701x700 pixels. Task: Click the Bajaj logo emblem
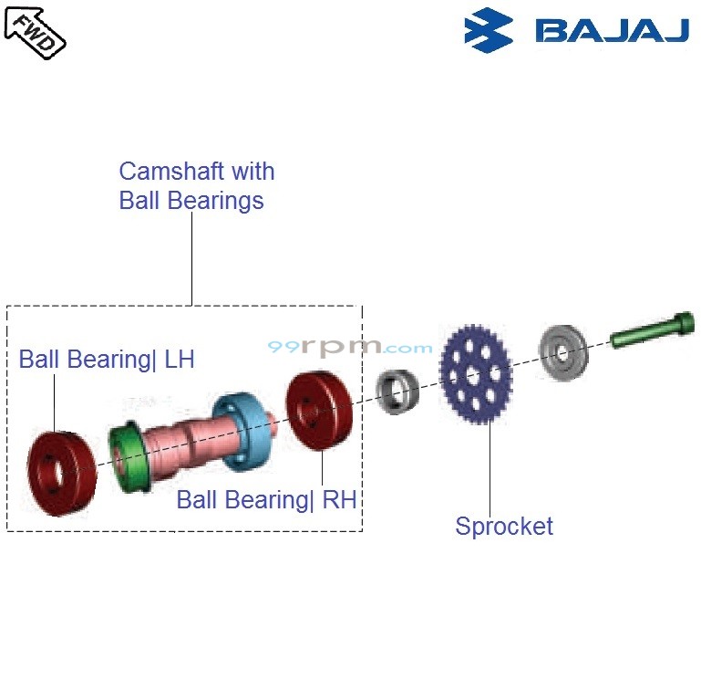489,30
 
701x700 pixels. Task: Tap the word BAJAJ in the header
612,31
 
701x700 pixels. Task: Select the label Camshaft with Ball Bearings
196,185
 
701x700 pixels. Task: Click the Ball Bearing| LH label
107,359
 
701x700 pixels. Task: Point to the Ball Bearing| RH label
266,499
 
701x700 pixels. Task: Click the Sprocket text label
504,526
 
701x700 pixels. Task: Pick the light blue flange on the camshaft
239,428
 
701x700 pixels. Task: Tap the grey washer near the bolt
562,351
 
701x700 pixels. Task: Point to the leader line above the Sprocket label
490,465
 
